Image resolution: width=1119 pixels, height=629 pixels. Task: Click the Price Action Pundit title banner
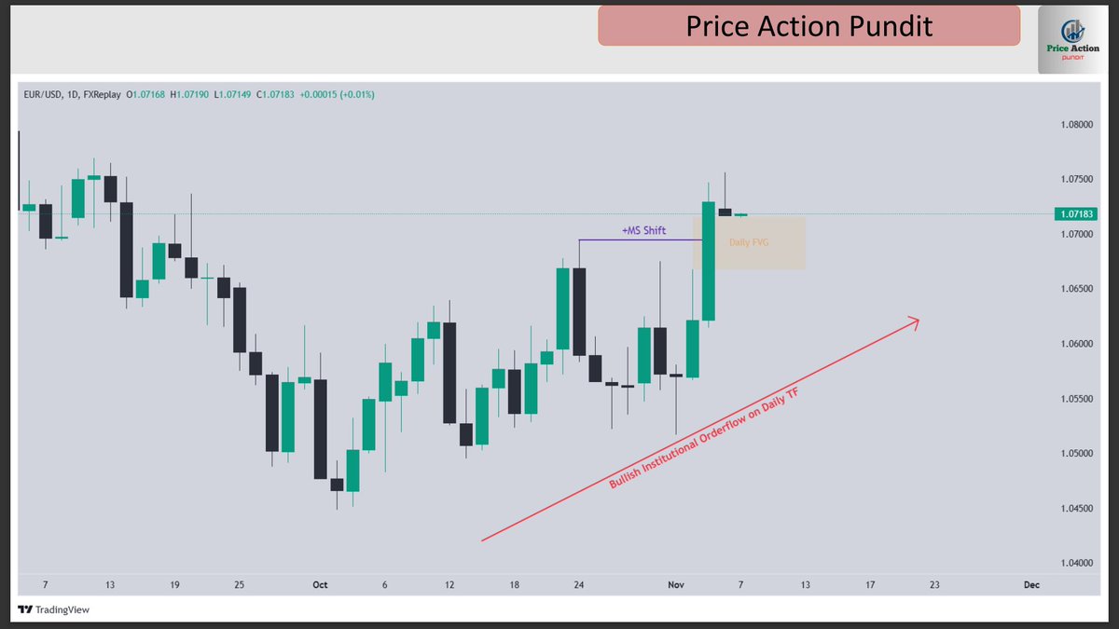click(x=808, y=26)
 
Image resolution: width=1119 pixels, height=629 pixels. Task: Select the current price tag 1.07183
click(x=1075, y=213)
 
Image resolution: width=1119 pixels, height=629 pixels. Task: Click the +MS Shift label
click(x=643, y=230)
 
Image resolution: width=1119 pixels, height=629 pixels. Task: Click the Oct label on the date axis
click(x=320, y=585)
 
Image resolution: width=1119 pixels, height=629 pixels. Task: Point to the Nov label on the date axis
click(x=676, y=585)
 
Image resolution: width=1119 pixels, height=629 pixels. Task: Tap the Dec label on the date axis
click(x=1031, y=585)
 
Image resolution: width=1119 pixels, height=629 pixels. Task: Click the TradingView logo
click(x=53, y=610)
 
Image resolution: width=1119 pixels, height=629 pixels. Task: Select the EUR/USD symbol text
click(x=43, y=94)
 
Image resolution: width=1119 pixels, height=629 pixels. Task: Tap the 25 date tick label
click(x=240, y=585)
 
